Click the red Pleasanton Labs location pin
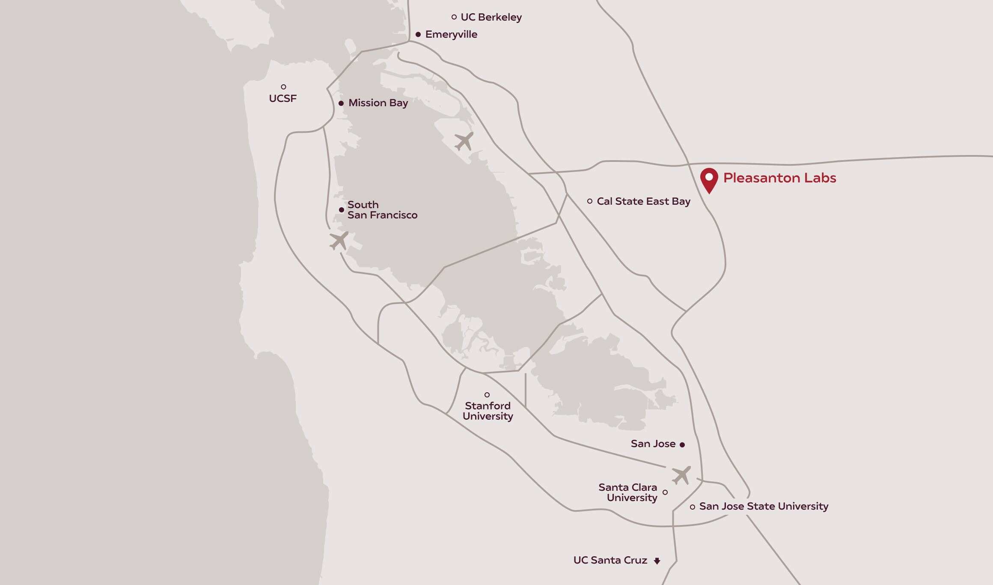[x=709, y=179]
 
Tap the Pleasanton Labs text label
[x=779, y=178]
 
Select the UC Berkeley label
[x=491, y=17]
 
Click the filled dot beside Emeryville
[x=418, y=34]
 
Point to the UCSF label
[x=282, y=98]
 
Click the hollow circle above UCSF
[x=283, y=87]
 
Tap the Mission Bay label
[x=378, y=103]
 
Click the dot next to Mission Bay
[x=341, y=103]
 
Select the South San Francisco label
[x=382, y=210]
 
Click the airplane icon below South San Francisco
[x=339, y=241]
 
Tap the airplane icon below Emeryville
[x=464, y=141]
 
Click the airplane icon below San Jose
[x=681, y=475]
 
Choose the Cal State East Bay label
[x=643, y=201]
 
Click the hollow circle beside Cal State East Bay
[x=590, y=201]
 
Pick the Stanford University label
[x=488, y=411]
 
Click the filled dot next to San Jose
[x=682, y=445]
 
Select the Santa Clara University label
[x=627, y=492]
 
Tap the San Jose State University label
[x=764, y=506]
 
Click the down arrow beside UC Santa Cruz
[x=657, y=561]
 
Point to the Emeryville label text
[x=451, y=34]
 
